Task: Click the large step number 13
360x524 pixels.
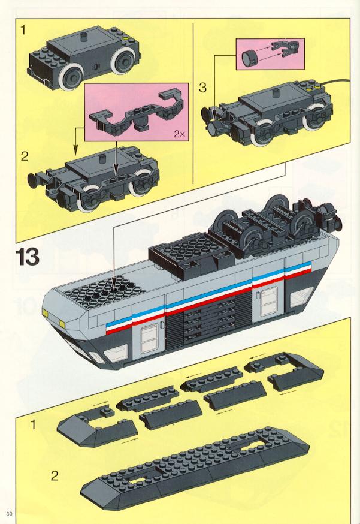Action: point(28,257)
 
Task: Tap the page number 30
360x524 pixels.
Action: point(9,514)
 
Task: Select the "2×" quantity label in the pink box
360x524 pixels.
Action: point(179,134)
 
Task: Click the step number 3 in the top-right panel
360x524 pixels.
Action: point(202,88)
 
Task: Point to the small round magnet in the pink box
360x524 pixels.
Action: point(249,57)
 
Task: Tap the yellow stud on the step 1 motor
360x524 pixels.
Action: point(126,39)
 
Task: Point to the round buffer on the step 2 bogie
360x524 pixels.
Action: point(32,179)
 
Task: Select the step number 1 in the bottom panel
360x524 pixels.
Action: point(33,424)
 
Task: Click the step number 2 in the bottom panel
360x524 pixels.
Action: point(54,475)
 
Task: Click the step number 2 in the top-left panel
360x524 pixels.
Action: point(25,156)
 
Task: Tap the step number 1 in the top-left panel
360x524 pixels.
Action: point(23,30)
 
